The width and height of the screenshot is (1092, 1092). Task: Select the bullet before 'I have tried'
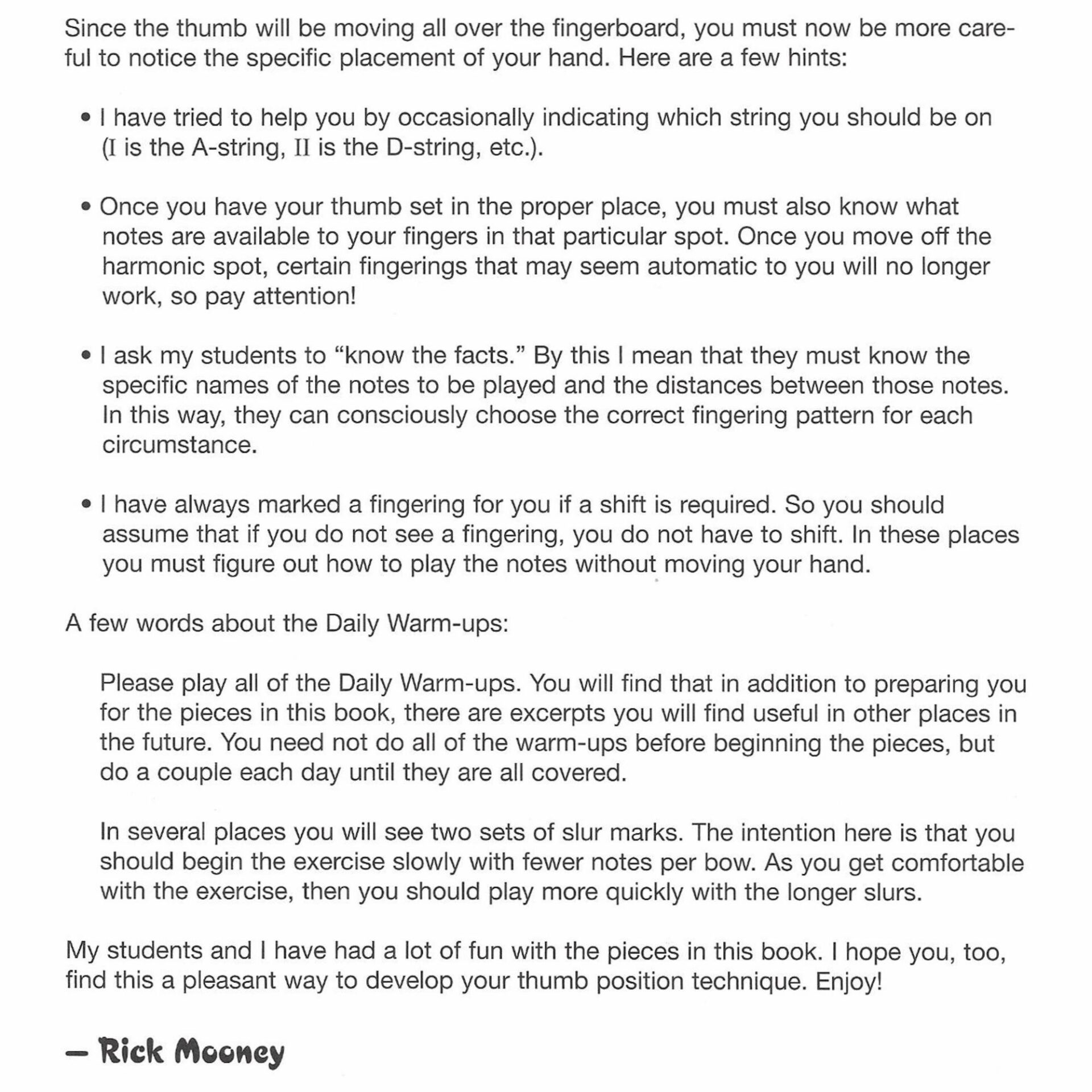pyautogui.click(x=86, y=118)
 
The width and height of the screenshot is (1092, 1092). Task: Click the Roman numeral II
pyautogui.click(x=301, y=148)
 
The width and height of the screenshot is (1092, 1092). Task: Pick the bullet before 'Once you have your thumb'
pyautogui.click(x=86, y=207)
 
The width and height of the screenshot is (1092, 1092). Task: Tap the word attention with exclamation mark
pyautogui.click(x=304, y=297)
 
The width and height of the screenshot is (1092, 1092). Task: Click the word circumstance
pyautogui.click(x=179, y=445)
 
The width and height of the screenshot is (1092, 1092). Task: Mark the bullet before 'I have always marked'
pyautogui.click(x=86, y=505)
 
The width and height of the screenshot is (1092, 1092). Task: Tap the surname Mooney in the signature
pyautogui.click(x=229, y=1052)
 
